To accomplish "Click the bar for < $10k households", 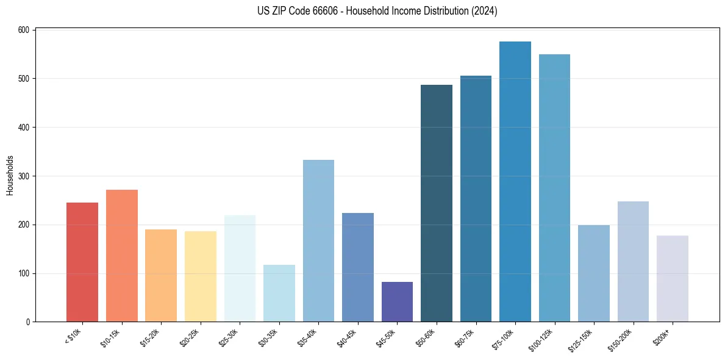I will (x=82, y=262).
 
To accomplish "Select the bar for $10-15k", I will (x=121, y=256).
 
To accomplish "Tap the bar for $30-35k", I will (x=279, y=293).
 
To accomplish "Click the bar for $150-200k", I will (x=633, y=262).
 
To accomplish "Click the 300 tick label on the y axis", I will (x=25, y=176).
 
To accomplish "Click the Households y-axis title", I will (x=10, y=175).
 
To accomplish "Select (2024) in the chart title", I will (x=484, y=11).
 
